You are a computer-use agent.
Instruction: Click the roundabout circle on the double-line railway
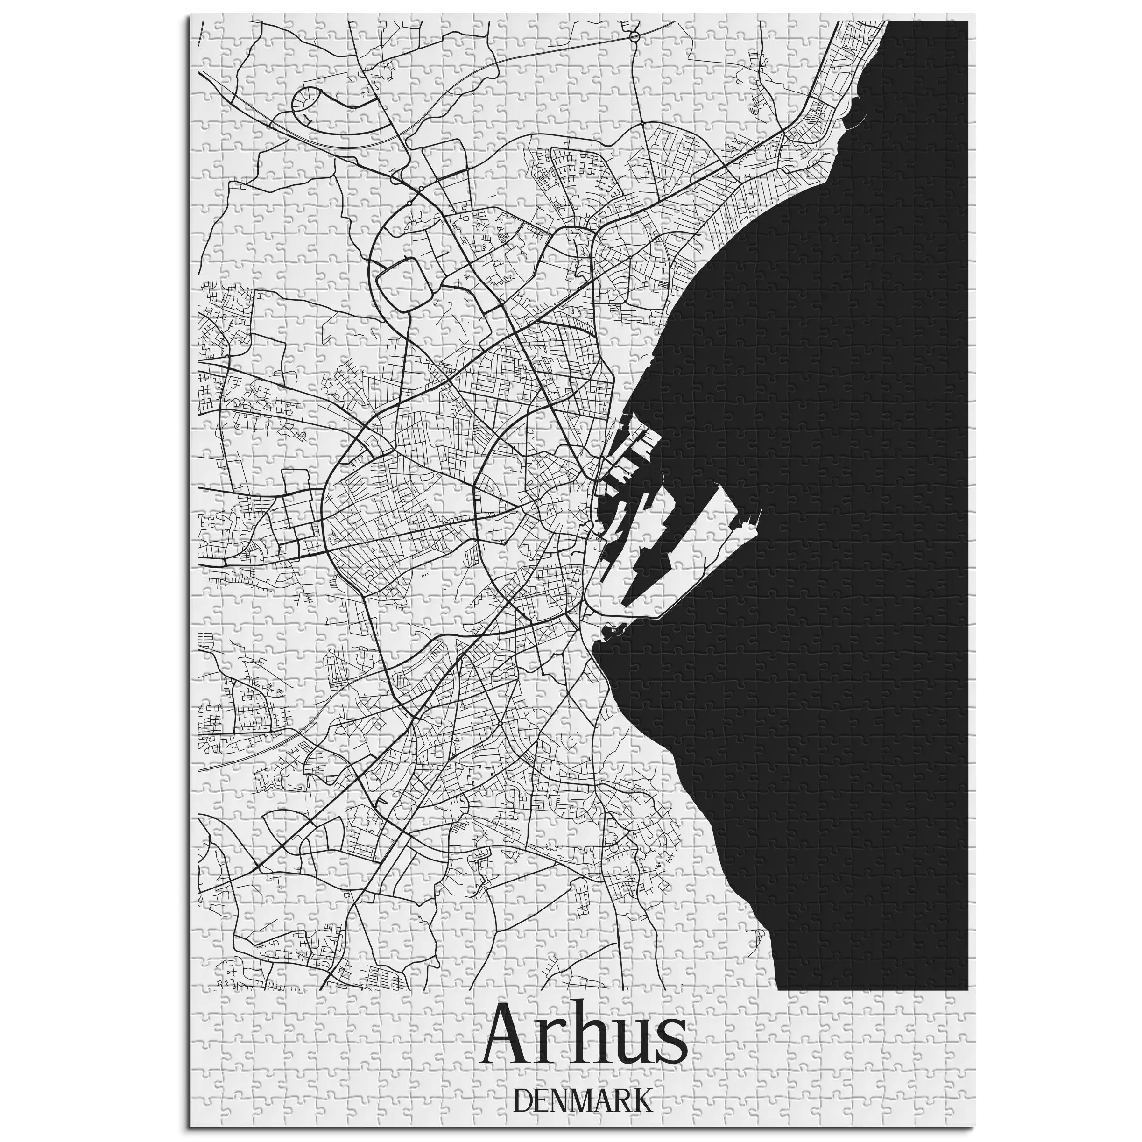634,37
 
